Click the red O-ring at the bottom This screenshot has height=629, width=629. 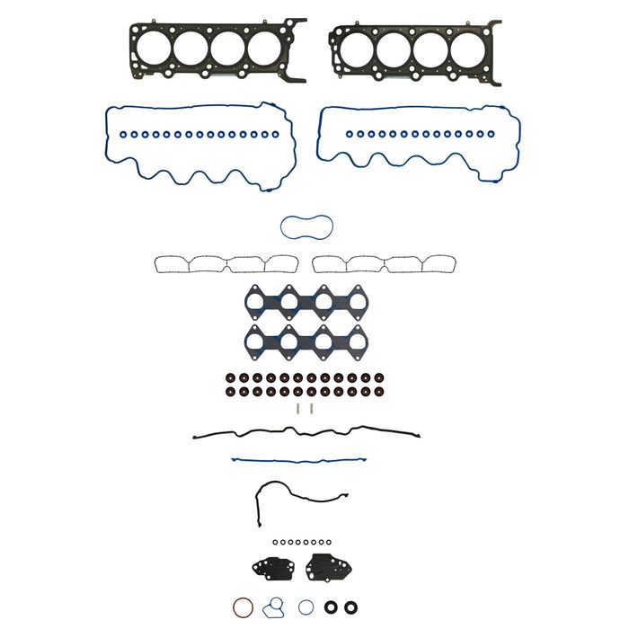pyautogui.click(x=243, y=606)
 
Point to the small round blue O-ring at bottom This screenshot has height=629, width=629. pyautogui.click(x=306, y=607)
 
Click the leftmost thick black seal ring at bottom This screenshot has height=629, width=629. pyautogui.click(x=332, y=607)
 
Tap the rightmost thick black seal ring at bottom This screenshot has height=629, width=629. pyautogui.click(x=351, y=607)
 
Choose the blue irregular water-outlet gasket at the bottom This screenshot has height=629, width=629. pyautogui.click(x=275, y=606)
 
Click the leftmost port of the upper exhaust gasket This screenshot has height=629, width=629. pyautogui.click(x=256, y=303)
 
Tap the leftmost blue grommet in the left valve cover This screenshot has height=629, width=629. pyautogui.click(x=125, y=135)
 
